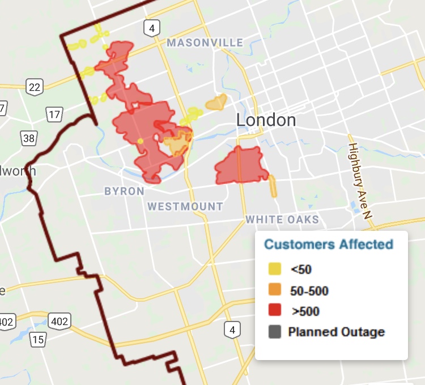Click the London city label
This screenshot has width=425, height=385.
(266, 120)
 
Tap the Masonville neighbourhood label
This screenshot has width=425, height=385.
(205, 43)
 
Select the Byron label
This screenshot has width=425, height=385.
(124, 192)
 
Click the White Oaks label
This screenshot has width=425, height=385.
(282, 219)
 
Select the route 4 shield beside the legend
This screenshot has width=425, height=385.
(231, 329)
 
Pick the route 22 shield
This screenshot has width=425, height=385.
(34, 86)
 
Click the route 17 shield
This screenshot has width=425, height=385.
(54, 115)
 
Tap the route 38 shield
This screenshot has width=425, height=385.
(29, 137)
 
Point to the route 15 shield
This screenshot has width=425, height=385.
(37, 340)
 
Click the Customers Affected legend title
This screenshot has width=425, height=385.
(329, 244)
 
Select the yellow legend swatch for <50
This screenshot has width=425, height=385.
(275, 269)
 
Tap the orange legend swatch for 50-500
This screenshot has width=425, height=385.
(275, 290)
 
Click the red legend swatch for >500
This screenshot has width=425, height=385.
(275, 311)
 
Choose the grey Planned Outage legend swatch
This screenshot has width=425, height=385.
(275, 332)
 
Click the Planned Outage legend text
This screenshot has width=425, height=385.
(336, 332)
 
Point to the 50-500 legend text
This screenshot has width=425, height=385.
(309, 291)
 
